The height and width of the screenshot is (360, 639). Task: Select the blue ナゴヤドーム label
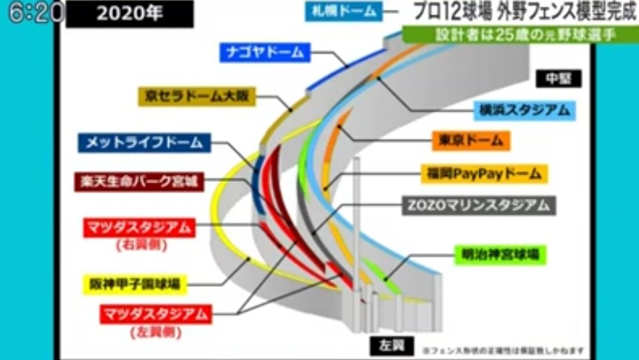[265, 53]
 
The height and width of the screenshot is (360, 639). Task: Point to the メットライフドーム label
[144, 142]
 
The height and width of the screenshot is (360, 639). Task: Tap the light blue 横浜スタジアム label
[524, 110]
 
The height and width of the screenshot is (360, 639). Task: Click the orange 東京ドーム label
[471, 141]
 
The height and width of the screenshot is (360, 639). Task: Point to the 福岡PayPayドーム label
[483, 173]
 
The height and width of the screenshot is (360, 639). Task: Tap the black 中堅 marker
[558, 78]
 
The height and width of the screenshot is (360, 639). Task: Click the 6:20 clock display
[32, 13]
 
